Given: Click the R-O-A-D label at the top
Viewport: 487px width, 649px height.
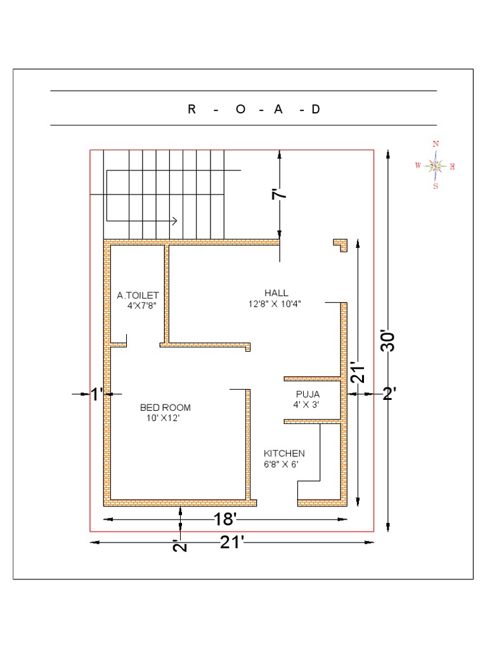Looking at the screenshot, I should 254,109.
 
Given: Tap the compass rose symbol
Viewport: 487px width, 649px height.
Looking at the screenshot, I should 436,166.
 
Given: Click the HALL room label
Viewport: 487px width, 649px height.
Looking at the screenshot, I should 276,293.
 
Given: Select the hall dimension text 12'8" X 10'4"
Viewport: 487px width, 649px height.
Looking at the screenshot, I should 275,304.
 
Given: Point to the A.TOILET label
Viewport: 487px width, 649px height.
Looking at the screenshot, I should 138,295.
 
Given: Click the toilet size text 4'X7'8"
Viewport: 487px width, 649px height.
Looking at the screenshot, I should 141,305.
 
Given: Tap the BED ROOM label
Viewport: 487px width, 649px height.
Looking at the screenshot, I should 165,408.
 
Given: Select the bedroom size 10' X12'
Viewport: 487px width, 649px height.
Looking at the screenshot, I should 164,418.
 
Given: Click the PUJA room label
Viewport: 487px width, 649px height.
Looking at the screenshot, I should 308,394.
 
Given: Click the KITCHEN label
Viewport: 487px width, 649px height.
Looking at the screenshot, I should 284,454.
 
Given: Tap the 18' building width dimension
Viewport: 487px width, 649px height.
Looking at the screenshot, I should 225,520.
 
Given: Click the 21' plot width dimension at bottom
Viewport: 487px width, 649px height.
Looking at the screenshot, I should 232,543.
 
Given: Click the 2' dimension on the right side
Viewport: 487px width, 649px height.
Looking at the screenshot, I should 389,394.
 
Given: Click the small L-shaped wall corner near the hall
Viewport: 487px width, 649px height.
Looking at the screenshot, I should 342,245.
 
